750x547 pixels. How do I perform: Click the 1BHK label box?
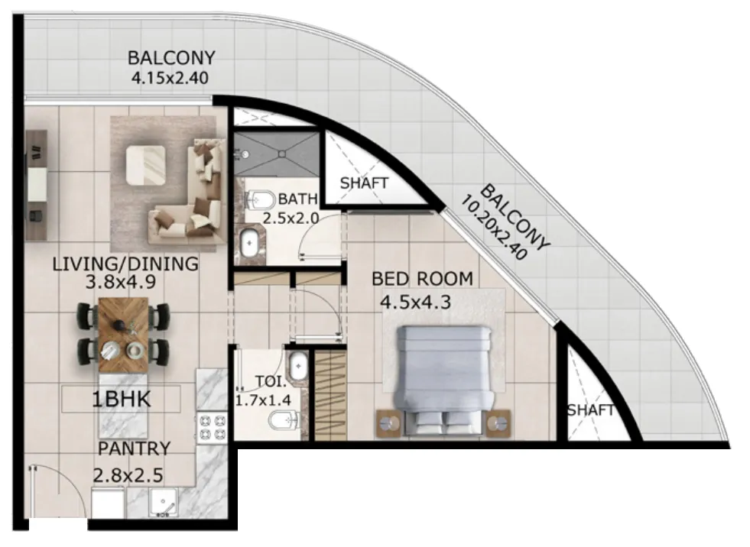point(122,400)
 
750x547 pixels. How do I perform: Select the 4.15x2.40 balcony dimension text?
point(170,77)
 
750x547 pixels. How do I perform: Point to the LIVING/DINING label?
point(125,264)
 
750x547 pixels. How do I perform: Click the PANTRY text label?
point(134,448)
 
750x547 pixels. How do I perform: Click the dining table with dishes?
point(123,335)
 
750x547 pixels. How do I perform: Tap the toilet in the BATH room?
point(261,200)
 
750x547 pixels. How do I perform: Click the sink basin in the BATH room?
point(250,244)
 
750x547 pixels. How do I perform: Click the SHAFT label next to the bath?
point(364,183)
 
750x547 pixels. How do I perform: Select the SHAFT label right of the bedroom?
point(591,411)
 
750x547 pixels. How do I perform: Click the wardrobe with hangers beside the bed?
point(331,393)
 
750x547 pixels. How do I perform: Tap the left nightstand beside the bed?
point(388,422)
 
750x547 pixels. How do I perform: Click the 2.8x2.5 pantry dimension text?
point(128,475)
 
